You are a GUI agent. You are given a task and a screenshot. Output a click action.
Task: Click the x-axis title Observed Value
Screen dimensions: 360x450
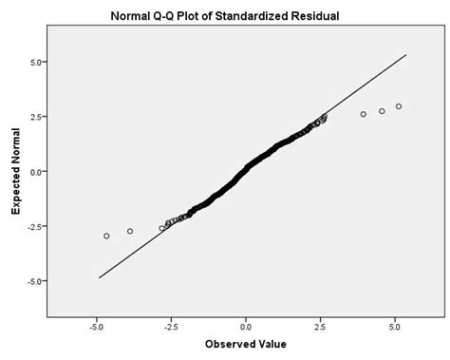tap(246, 344)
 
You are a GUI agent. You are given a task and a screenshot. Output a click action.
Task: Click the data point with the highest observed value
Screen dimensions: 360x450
tap(399, 106)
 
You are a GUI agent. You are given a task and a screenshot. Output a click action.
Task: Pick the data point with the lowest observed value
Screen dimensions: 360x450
tap(106, 236)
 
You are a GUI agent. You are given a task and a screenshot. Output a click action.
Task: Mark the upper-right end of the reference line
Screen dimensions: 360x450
tap(406, 54)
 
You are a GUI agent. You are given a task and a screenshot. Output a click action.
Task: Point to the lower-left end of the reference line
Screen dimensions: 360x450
tap(99, 277)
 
